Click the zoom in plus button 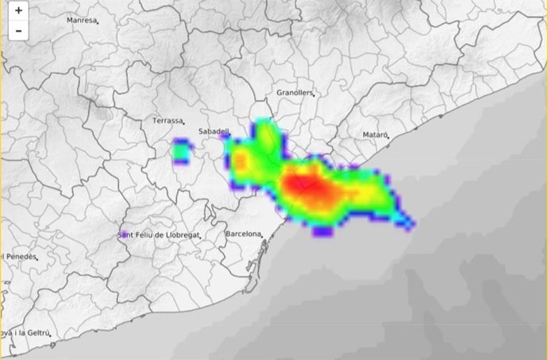(x=17, y=13)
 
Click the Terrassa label (x=167, y=122)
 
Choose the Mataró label (x=374, y=136)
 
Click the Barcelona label (x=243, y=234)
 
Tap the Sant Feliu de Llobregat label (x=158, y=235)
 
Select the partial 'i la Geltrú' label (x=25, y=333)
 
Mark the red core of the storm (x=302, y=188)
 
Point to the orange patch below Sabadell (x=240, y=163)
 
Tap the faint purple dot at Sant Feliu (x=124, y=234)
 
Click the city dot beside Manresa (x=97, y=23)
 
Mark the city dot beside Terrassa (x=183, y=124)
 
